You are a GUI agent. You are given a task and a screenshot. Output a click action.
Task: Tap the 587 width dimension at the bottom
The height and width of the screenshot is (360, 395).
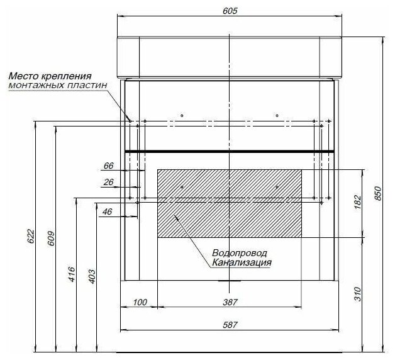pos(230,324)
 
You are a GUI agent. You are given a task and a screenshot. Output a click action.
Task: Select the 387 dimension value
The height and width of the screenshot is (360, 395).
pos(230,302)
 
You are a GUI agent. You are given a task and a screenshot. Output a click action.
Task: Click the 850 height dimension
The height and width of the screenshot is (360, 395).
pos(377,195)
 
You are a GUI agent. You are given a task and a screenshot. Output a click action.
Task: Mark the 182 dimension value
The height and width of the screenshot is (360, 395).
pos(358,202)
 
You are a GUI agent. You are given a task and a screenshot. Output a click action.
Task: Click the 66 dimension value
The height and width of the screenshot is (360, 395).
pos(108,166)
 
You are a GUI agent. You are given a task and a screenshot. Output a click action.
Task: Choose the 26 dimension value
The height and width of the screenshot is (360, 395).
pos(108,182)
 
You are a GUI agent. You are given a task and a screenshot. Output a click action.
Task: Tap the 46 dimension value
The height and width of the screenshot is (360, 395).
pos(107,212)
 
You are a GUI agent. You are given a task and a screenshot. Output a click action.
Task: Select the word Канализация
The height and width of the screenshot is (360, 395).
pos(242,262)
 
